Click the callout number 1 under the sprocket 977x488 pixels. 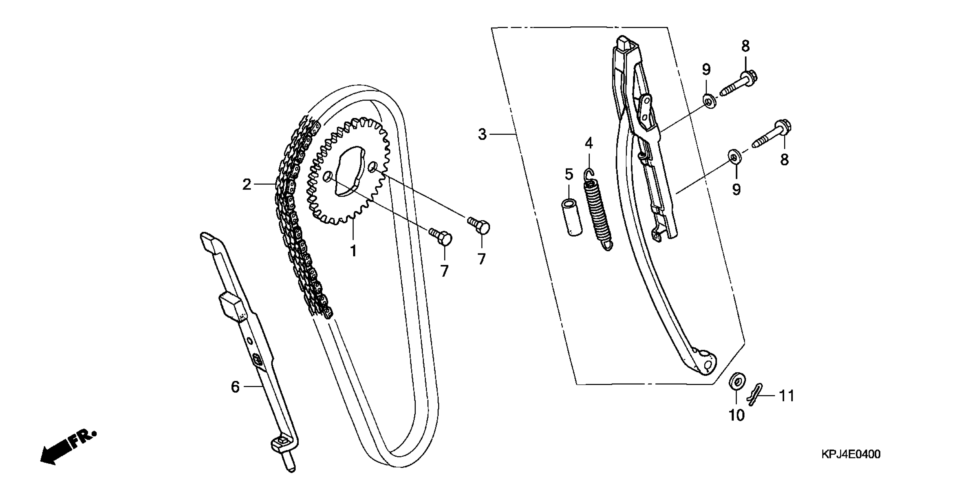(353, 251)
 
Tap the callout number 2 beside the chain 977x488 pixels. (247, 185)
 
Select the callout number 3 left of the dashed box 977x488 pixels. (482, 134)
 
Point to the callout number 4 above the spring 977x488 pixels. (589, 143)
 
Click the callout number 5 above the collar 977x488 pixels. (569, 175)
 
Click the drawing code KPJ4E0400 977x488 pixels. (851, 454)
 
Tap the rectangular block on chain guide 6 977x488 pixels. (232, 305)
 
